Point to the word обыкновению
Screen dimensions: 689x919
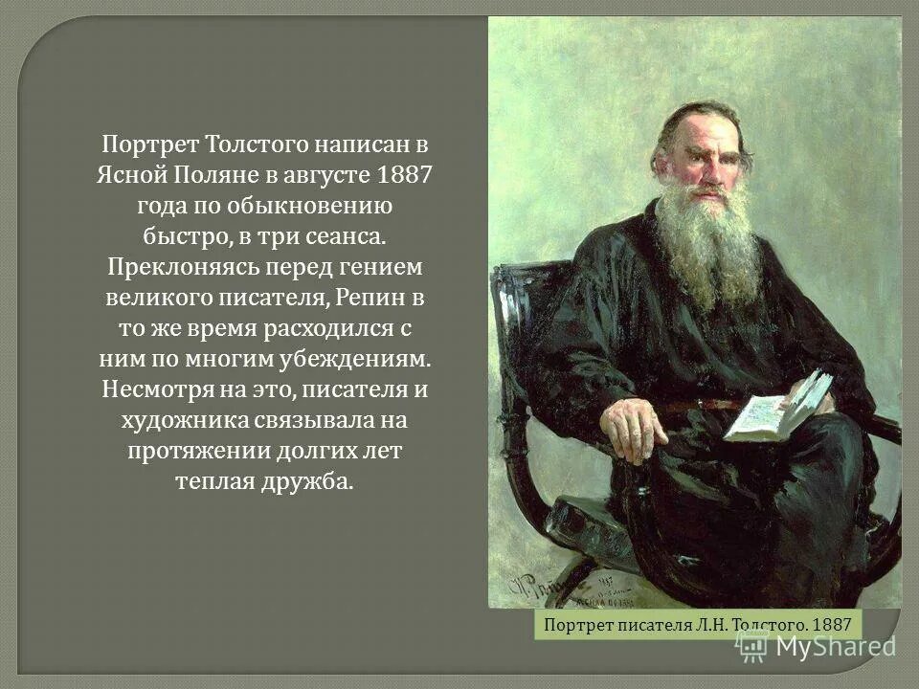pos(297,206)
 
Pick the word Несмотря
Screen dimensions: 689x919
pos(157,389)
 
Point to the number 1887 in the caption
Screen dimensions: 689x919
pos(829,625)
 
